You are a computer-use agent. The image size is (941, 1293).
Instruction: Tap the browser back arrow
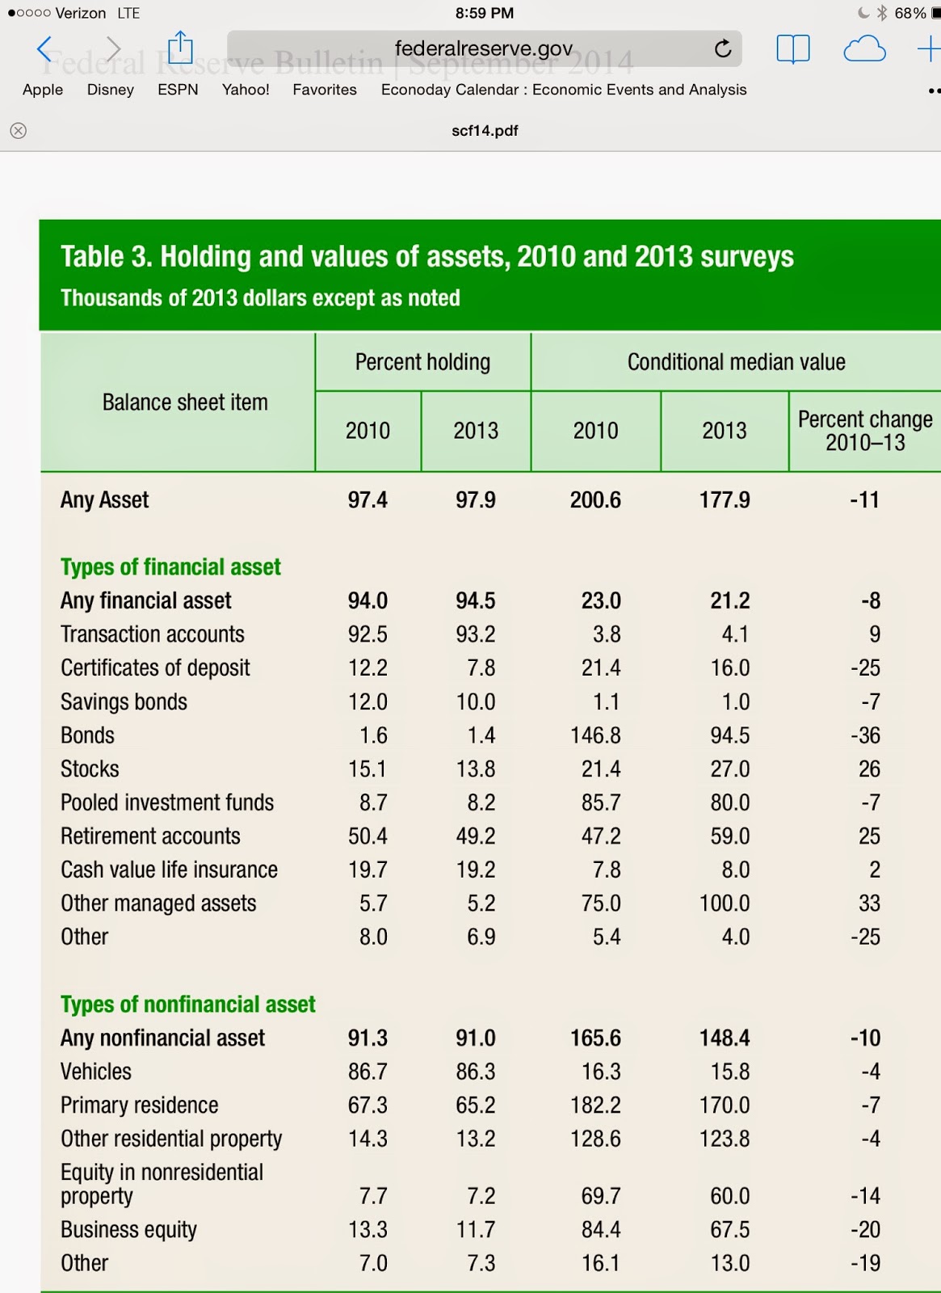pyautogui.click(x=44, y=49)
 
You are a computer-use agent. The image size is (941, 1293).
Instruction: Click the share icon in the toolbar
pyautogui.click(x=180, y=48)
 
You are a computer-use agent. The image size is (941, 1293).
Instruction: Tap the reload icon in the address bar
pyautogui.click(x=723, y=49)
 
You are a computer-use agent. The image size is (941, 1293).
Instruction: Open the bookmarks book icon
pyautogui.click(x=792, y=49)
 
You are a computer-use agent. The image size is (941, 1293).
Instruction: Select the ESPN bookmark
pyautogui.click(x=178, y=90)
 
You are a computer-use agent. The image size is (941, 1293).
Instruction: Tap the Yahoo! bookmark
pyautogui.click(x=246, y=90)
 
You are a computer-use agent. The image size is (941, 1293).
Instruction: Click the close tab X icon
pyautogui.click(x=19, y=131)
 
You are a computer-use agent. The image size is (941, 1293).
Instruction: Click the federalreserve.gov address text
pyautogui.click(x=483, y=48)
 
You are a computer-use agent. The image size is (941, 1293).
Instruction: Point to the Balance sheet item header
pyautogui.click(x=185, y=402)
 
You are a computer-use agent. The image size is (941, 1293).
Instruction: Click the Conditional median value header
pyautogui.click(x=736, y=362)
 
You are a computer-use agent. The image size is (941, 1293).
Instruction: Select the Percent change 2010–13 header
pyautogui.click(x=864, y=431)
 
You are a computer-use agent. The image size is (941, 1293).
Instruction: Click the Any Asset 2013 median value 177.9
pyautogui.click(x=725, y=500)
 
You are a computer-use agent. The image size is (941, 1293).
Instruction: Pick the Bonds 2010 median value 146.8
pyautogui.click(x=595, y=735)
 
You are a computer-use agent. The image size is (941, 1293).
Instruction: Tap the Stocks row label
pyautogui.click(x=90, y=769)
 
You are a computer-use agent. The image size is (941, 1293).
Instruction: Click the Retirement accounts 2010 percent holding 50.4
pyautogui.click(x=368, y=836)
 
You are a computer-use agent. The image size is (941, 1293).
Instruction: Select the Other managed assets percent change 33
pyautogui.click(x=869, y=903)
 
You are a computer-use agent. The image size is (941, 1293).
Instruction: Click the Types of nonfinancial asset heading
pyautogui.click(x=187, y=1004)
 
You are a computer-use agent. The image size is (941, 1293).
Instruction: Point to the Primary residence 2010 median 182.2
pyautogui.click(x=595, y=1106)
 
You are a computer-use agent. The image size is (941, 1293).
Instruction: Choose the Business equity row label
pyautogui.click(x=128, y=1230)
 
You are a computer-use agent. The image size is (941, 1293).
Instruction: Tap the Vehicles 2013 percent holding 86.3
pyautogui.click(x=476, y=1072)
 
